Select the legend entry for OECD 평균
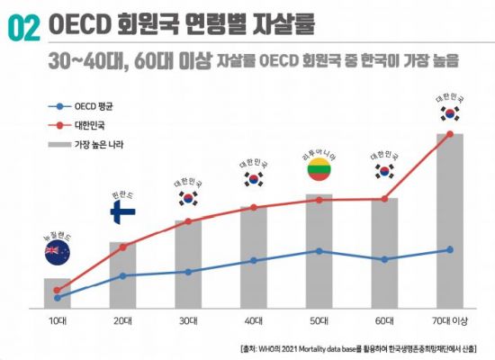85,107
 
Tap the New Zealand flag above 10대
58,253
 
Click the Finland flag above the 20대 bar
122,211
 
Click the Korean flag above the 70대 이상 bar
450,114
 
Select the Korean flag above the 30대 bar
187,199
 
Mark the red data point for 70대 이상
450,135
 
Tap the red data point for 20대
122,247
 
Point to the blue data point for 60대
385,259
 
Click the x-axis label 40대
255,319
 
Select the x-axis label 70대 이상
449,319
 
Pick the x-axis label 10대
58,319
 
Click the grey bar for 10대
58,292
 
